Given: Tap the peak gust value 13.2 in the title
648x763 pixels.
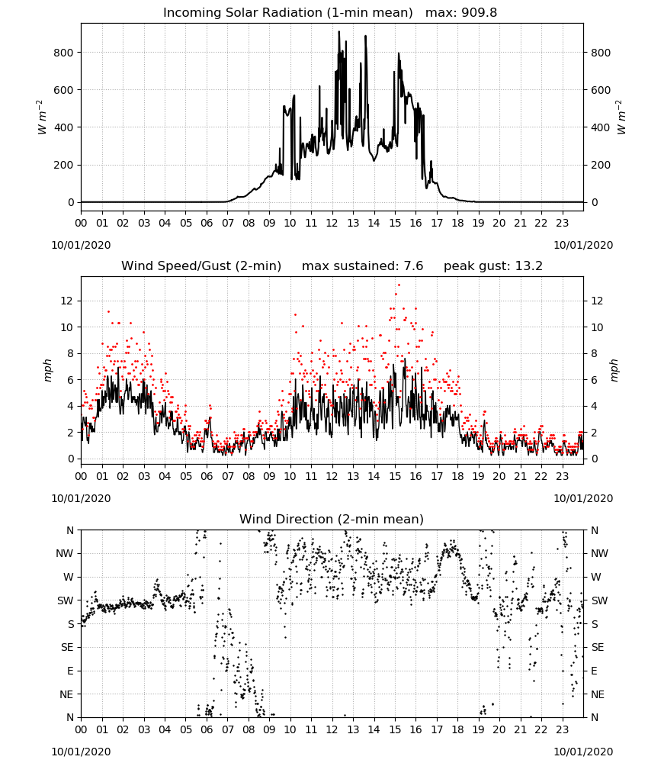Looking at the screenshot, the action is [529, 266].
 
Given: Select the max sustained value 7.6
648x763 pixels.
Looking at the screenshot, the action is [413, 266].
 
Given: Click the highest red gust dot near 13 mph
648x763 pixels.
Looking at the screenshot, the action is [399, 285].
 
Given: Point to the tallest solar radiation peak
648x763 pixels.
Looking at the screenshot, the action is [339, 32].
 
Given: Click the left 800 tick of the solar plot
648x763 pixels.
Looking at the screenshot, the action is [63, 53].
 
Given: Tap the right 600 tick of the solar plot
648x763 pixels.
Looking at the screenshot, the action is [601, 90].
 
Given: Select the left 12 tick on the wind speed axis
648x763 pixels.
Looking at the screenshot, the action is [67, 301].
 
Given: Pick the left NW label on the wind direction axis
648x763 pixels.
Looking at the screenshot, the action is [65, 554].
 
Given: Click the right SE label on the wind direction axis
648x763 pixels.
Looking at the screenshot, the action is [598, 648].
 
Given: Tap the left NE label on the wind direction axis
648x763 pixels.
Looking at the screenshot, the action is [66, 694].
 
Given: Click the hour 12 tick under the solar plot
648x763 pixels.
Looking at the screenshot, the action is [332, 224].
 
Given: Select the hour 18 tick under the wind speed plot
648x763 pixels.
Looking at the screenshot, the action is [457, 476].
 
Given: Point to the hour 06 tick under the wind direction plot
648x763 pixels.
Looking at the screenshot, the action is [207, 730].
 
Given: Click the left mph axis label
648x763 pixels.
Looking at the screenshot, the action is [47, 370].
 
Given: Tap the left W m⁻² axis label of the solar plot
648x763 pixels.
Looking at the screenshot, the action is [41, 118].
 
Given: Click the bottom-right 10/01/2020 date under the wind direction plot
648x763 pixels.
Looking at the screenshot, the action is [583, 752].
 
